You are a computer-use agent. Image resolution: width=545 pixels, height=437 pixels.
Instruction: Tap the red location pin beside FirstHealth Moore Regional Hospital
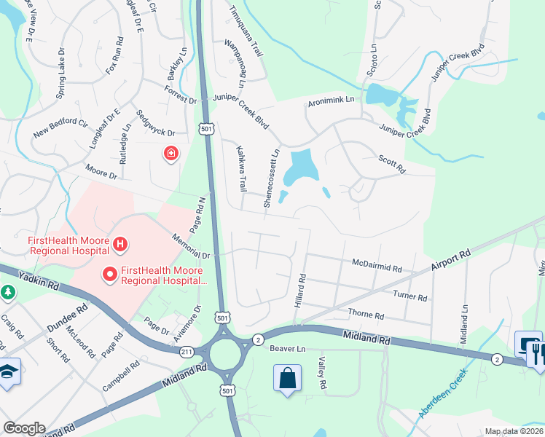tap(110, 274)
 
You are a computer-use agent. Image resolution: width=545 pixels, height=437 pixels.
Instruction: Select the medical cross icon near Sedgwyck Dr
tap(170, 154)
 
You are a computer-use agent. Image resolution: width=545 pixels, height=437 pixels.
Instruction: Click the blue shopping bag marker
tap(288, 378)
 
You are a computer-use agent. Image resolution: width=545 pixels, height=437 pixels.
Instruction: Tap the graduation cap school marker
tap(7, 369)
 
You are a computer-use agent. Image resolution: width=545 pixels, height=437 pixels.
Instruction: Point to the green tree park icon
tap(8, 292)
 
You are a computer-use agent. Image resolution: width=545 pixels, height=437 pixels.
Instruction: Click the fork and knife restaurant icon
tap(537, 355)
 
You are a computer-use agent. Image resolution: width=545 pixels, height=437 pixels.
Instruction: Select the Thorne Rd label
tap(366, 315)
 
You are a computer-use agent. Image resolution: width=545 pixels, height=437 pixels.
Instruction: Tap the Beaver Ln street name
tap(286, 349)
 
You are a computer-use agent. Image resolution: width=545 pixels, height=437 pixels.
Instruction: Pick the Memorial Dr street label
tap(191, 247)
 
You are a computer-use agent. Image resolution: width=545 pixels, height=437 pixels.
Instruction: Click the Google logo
tap(24, 428)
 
